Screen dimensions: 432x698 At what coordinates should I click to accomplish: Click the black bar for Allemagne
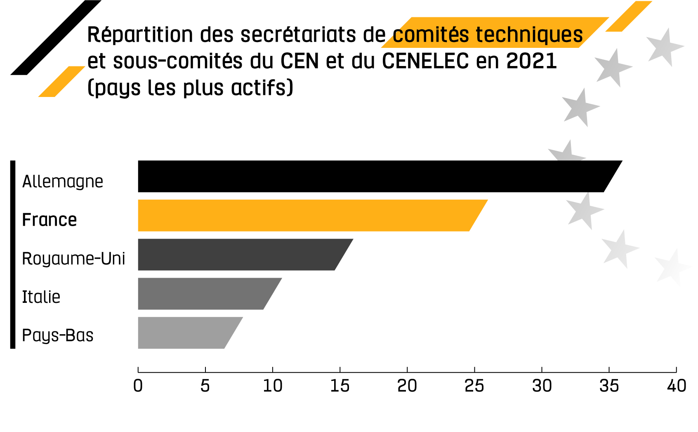(x=371, y=176)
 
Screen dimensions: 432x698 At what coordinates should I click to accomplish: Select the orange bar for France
(x=305, y=215)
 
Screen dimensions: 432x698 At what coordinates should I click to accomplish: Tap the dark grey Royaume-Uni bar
(x=239, y=255)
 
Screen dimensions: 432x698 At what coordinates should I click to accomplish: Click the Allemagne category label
(x=63, y=182)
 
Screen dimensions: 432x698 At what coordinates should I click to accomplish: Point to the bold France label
(x=50, y=220)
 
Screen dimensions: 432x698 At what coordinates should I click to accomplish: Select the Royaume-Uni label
(x=73, y=259)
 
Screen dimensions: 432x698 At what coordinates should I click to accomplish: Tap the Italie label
(x=41, y=297)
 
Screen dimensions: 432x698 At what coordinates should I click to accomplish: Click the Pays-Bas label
(x=58, y=335)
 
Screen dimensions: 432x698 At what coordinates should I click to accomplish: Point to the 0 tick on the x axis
(x=138, y=386)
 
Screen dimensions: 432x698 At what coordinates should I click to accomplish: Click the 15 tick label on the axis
(x=340, y=386)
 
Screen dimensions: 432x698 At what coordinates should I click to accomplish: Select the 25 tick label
(x=474, y=386)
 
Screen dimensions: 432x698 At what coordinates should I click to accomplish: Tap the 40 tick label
(x=677, y=386)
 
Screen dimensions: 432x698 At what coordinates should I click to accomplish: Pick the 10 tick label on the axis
(x=273, y=386)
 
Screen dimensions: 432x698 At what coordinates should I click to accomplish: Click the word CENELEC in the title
(x=425, y=61)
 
